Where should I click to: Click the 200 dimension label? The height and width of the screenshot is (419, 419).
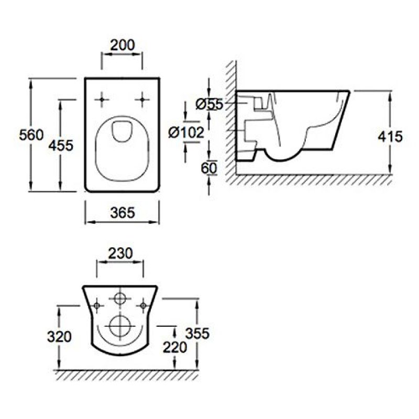click(x=123, y=45)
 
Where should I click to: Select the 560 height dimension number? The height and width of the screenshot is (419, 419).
click(x=31, y=135)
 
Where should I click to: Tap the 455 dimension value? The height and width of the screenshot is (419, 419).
click(x=61, y=146)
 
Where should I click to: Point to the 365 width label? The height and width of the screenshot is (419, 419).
click(x=123, y=213)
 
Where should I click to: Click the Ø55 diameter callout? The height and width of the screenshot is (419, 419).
click(x=209, y=104)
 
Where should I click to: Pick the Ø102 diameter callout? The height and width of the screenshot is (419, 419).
click(x=186, y=133)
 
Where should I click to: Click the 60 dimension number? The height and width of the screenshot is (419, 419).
click(x=209, y=168)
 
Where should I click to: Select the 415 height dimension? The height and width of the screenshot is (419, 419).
click(x=390, y=137)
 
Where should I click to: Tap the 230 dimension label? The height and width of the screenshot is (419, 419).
click(x=120, y=253)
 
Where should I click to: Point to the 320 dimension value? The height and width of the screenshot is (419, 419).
click(x=59, y=337)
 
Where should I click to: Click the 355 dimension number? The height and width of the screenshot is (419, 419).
click(x=197, y=334)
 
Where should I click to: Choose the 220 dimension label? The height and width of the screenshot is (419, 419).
click(x=175, y=347)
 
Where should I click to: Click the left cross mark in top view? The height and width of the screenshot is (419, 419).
click(x=102, y=100)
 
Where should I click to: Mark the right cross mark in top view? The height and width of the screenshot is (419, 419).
click(x=142, y=100)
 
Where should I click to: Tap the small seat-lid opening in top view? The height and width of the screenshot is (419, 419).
click(x=122, y=131)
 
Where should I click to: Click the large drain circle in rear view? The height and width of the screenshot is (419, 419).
click(x=120, y=326)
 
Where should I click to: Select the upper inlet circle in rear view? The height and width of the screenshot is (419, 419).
click(x=120, y=299)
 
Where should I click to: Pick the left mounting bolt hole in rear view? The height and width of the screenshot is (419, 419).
click(x=97, y=305)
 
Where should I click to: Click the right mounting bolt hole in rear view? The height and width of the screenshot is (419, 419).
click(x=144, y=305)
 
